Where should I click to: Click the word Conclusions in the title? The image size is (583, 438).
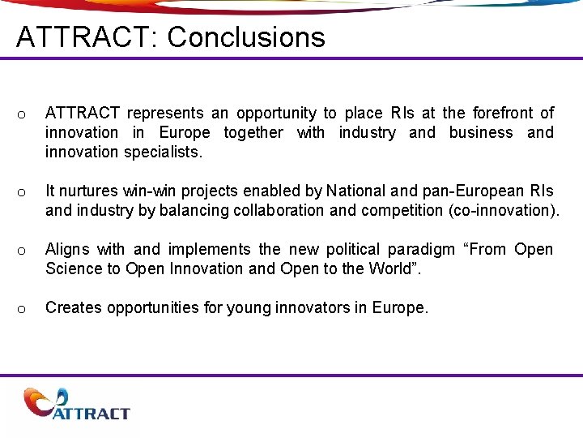pyautogui.click(x=246, y=37)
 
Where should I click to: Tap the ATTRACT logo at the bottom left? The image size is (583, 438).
pyautogui.click(x=78, y=405)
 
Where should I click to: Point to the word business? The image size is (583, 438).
pyautogui.click(x=481, y=132)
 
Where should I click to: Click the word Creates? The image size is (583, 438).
pyautogui.click(x=73, y=307)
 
